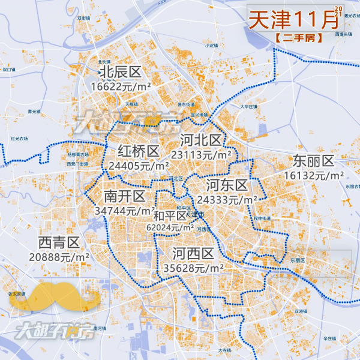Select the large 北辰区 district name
point(120,73)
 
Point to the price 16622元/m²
point(121,86)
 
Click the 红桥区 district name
point(139,151)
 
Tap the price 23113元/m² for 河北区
point(202,154)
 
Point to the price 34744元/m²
point(125,211)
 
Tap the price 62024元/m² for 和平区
point(170,227)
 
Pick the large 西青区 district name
point(59,242)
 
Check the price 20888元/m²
point(59,256)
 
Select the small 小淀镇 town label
point(211,45)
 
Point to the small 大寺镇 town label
point(224,350)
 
